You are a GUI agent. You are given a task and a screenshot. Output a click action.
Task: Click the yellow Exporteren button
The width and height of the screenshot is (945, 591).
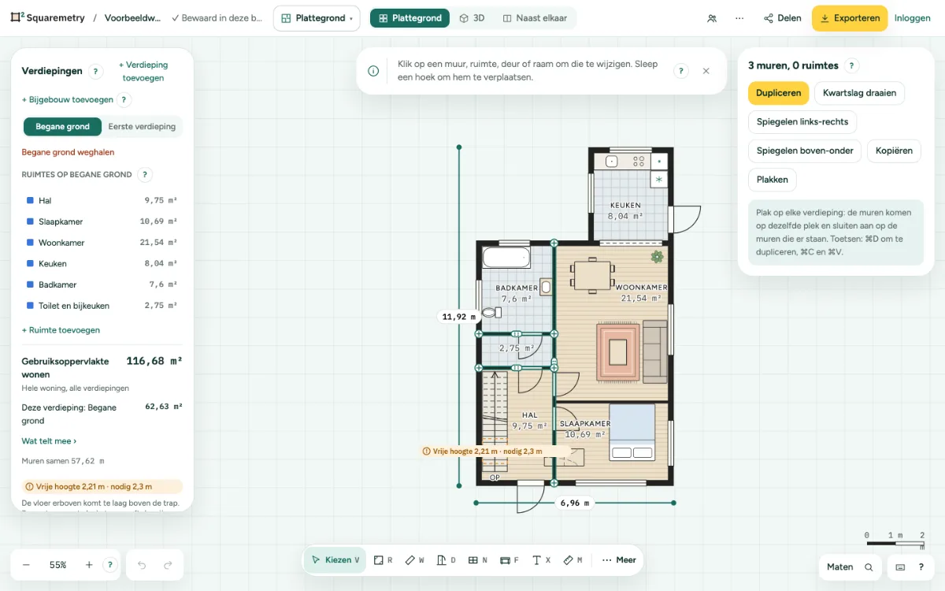click(x=850, y=18)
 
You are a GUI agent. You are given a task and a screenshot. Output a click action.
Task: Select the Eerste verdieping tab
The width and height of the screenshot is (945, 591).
click(x=142, y=127)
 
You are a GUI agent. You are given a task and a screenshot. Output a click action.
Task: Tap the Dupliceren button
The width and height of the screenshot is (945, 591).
click(x=778, y=93)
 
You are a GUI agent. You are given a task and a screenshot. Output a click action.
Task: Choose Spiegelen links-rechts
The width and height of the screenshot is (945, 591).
click(x=802, y=122)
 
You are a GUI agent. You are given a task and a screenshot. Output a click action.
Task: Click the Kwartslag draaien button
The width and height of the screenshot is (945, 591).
click(x=859, y=93)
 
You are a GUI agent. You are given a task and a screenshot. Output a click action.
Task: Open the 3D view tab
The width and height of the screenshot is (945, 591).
click(x=472, y=18)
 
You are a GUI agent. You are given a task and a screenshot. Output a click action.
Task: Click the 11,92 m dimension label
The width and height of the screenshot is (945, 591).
click(x=458, y=317)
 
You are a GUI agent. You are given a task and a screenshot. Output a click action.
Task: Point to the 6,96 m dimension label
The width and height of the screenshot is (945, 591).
click(x=574, y=503)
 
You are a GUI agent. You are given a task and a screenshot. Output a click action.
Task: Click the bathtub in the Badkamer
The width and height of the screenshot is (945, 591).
click(x=506, y=257)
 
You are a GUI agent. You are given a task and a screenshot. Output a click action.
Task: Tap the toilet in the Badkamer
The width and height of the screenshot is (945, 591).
click(x=492, y=313)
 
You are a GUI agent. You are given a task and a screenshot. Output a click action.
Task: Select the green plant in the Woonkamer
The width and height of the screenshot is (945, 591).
click(x=657, y=257)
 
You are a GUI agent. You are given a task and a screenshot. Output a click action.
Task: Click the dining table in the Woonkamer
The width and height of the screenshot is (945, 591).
click(x=592, y=275)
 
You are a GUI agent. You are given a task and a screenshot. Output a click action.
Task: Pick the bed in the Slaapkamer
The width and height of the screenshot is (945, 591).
click(x=632, y=432)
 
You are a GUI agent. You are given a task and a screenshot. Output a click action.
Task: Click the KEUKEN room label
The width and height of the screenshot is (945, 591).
click(x=625, y=205)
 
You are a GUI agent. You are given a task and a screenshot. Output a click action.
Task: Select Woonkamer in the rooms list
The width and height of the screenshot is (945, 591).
click(x=61, y=243)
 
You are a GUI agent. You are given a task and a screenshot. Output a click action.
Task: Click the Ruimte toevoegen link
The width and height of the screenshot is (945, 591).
click(x=61, y=330)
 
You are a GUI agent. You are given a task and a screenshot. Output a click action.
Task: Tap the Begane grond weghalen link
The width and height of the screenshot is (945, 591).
click(x=68, y=152)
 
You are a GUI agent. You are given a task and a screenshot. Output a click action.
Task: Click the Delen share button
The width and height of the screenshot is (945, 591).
click(x=783, y=18)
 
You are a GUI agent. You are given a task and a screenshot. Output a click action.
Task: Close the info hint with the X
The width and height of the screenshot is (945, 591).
click(x=706, y=71)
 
